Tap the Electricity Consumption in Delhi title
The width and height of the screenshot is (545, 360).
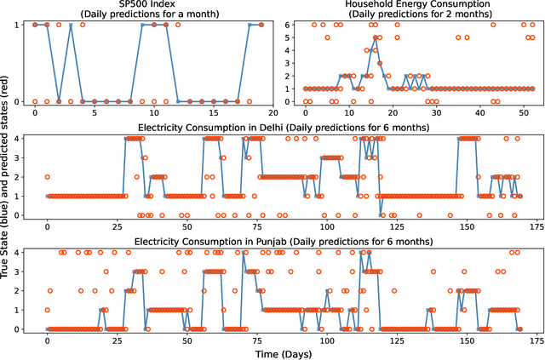tap(284, 128)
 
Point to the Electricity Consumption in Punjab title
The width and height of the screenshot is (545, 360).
tap(284, 241)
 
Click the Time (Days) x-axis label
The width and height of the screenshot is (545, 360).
tap(284, 351)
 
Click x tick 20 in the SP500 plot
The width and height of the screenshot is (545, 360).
tap(273, 113)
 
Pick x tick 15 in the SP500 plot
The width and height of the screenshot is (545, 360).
tap(214, 113)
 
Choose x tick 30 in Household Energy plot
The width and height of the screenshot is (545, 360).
tap(434, 113)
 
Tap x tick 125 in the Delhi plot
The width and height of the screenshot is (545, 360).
tap(396, 227)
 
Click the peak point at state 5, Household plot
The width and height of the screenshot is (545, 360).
tap(374, 37)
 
